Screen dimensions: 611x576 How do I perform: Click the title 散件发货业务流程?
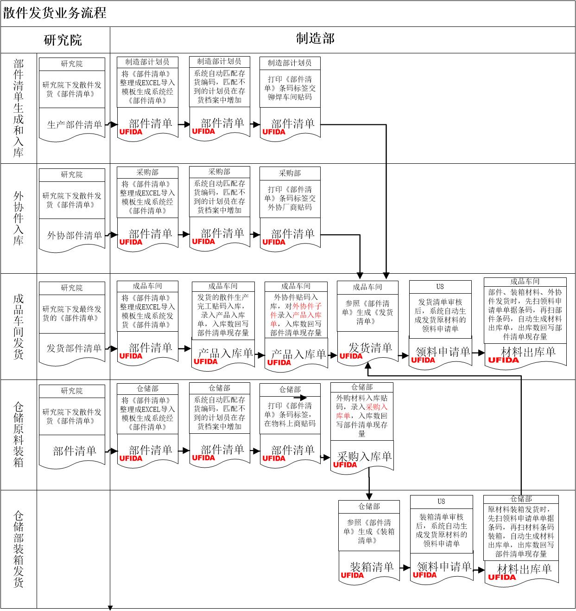[55, 13]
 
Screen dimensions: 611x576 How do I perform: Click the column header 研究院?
[63, 40]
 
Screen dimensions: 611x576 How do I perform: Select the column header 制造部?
[315, 39]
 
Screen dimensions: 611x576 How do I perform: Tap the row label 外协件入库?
[19, 218]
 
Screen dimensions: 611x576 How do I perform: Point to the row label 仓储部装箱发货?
[19, 549]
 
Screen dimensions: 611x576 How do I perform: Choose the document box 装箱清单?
[371, 567]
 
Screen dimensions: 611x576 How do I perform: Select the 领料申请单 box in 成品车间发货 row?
[443, 352]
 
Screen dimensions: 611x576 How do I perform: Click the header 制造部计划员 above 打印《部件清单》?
[290, 63]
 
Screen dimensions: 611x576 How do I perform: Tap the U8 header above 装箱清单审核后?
[441, 502]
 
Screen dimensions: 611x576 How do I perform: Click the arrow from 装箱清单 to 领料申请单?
[405, 567]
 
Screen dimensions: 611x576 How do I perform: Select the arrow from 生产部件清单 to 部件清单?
[111, 124]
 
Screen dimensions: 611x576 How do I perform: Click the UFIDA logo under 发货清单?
[351, 356]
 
